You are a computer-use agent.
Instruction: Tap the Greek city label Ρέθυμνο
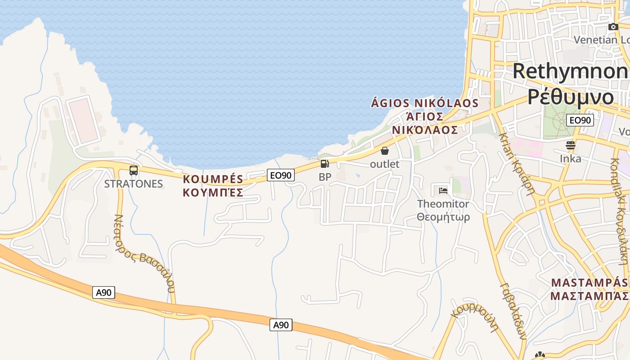571,96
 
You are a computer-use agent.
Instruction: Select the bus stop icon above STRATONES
134,171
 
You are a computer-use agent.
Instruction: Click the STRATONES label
133,184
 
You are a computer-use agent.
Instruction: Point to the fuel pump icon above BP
325,164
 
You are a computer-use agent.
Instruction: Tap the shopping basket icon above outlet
385,151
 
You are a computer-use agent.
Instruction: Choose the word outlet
384,164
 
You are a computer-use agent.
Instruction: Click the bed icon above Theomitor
443,190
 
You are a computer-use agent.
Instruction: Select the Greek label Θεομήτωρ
443,217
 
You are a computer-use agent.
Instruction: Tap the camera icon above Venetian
613,27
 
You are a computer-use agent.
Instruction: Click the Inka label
570,159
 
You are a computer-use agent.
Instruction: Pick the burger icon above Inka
570,145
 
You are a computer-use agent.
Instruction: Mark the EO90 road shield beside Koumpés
281,175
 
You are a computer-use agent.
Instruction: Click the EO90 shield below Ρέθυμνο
580,120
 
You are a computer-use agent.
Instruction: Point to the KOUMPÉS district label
213,179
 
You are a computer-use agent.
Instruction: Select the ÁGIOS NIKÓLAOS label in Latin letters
424,103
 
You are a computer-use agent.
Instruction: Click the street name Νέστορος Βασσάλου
144,252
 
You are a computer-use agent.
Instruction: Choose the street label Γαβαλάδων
513,310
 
